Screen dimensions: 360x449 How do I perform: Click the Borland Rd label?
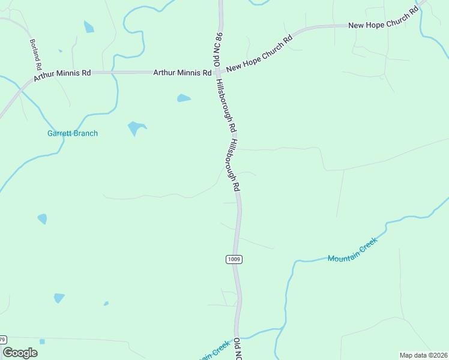[36, 55]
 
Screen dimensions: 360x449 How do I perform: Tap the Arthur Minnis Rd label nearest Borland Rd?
[62, 75]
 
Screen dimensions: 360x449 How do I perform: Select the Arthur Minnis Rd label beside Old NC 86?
[182, 73]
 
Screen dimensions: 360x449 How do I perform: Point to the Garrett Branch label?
[72, 133]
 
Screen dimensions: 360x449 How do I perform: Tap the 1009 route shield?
[234, 259]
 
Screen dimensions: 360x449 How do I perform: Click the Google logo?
[20, 352]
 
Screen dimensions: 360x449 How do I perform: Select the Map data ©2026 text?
[423, 355]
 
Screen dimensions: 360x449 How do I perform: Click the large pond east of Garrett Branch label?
[136, 128]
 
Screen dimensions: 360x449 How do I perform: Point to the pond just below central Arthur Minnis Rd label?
[184, 98]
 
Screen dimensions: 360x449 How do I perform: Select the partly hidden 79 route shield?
[3, 339]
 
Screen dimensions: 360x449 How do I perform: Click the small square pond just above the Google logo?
[42, 341]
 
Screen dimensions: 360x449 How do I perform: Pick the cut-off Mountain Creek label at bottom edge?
[212, 353]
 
